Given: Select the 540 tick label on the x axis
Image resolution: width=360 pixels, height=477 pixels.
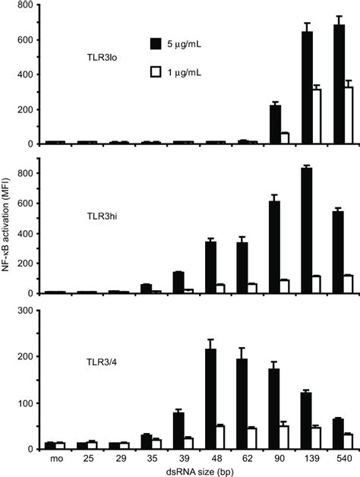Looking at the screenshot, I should [342, 458].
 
